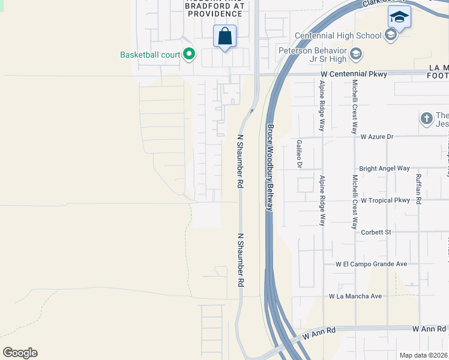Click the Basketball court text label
pos(150,55)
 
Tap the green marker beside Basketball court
pos(189,55)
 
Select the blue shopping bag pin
pos(224,37)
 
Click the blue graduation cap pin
pos(399,17)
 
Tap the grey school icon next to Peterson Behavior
pos(356,55)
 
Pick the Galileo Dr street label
pos(298,154)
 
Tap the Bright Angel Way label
pos(384,169)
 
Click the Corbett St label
pos(375,232)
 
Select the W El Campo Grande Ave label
pos(372,263)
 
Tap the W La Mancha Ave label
pos(355,296)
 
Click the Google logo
pos(20,353)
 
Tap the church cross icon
pos(427,118)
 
